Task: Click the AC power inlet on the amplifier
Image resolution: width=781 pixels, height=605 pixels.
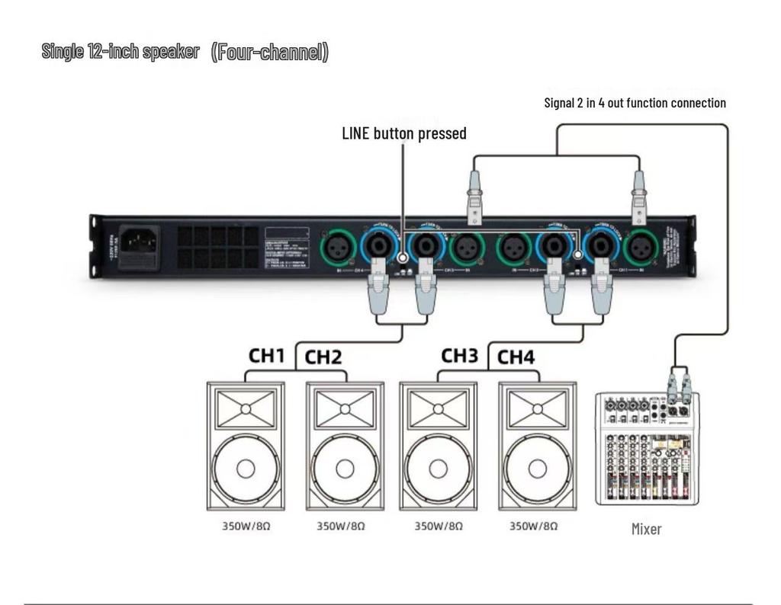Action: click(x=140, y=243)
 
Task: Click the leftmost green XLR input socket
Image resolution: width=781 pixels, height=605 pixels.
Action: click(x=338, y=248)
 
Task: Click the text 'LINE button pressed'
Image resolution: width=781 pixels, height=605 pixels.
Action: click(x=404, y=133)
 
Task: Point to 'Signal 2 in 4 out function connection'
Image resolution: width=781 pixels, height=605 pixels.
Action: click(x=635, y=103)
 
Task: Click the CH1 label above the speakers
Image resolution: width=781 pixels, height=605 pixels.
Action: click(x=267, y=356)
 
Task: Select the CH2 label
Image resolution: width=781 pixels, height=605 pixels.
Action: click(x=325, y=357)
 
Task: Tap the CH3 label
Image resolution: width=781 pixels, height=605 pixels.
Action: click(x=460, y=356)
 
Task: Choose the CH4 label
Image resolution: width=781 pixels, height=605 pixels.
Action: click(x=517, y=357)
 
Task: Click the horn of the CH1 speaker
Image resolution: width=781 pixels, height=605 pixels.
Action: click(x=246, y=409)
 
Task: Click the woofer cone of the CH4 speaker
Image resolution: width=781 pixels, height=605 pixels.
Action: click(x=537, y=469)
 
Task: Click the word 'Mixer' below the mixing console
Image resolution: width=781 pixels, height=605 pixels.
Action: click(x=646, y=529)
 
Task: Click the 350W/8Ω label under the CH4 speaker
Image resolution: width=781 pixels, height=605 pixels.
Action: click(x=534, y=527)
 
